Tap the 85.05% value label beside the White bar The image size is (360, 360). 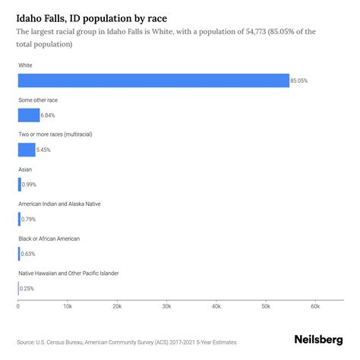pos(300,81)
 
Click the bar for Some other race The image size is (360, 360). pos(29,115)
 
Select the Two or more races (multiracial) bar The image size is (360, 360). pos(27,150)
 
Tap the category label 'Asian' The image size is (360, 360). pos(26,169)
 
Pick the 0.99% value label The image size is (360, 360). pos(29,185)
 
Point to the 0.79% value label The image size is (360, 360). pos(29,219)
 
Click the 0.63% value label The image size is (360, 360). pos(28,254)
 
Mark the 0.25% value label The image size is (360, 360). pos(27,289)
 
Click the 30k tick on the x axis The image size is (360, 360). pos(166,306)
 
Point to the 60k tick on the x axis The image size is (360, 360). pos(315,306)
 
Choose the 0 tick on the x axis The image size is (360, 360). pos(18,306)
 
